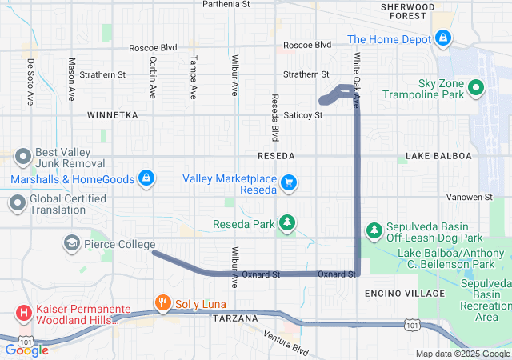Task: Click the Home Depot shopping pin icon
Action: tap(442, 38)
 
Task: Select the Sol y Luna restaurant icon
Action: tap(163, 302)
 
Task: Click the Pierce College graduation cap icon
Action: tap(71, 242)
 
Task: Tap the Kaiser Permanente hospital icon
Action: tap(23, 313)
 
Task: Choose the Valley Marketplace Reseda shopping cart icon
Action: tap(289, 184)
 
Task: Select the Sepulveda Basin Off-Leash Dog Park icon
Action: tap(374, 231)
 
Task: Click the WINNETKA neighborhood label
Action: tap(113, 115)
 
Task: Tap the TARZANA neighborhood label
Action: tap(236, 318)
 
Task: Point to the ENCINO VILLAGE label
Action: tap(404, 294)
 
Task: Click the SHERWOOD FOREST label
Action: tap(408, 10)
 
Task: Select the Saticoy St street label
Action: tap(302, 115)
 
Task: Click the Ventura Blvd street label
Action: tap(286, 343)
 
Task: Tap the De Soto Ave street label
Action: tap(31, 79)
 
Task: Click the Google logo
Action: tap(26, 350)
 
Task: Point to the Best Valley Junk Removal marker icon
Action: tap(22, 156)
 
